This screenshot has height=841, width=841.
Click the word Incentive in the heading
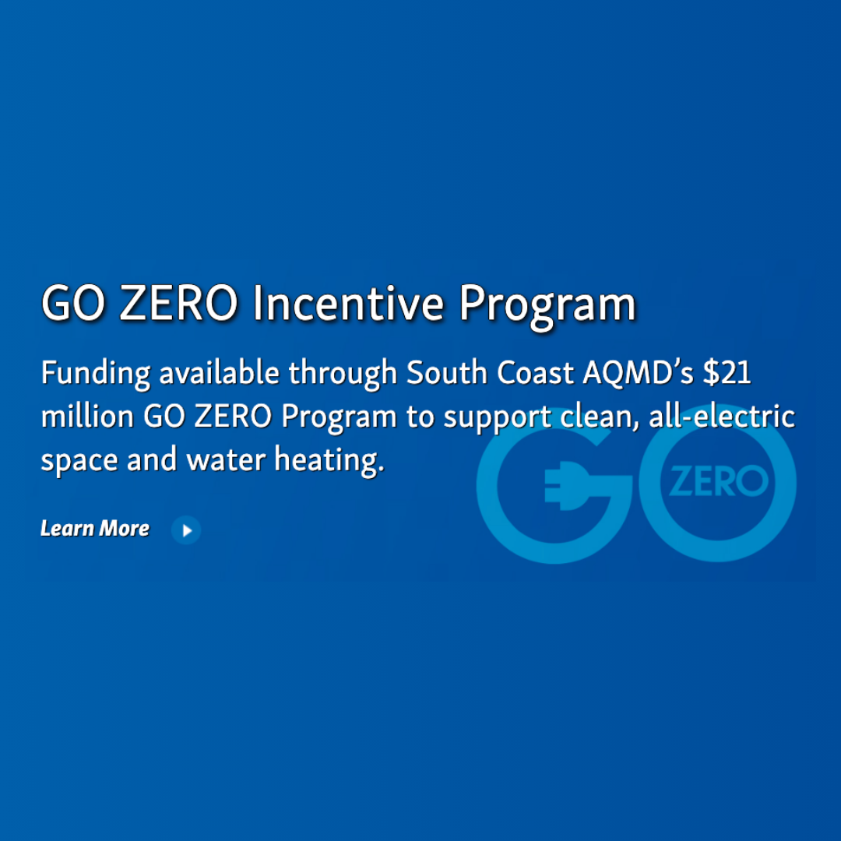click(x=348, y=304)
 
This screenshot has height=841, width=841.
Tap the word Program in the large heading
click(x=547, y=305)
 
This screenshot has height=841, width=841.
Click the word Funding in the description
click(x=95, y=374)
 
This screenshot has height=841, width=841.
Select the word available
click(x=219, y=372)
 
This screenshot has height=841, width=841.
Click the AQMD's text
click(x=638, y=372)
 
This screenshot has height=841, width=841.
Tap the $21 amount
click(x=727, y=372)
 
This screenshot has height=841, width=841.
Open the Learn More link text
click(x=95, y=529)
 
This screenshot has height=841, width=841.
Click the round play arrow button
click(x=186, y=530)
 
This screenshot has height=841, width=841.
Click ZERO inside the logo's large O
click(x=718, y=483)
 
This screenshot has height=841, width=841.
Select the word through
click(x=343, y=374)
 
